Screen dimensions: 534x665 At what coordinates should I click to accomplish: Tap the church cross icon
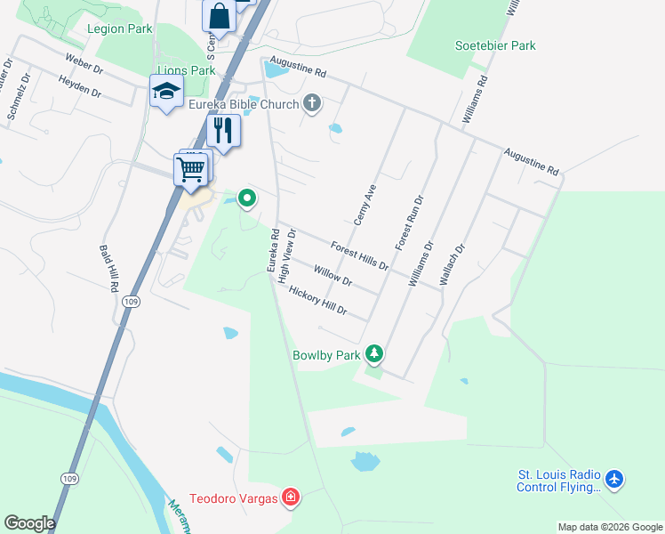(311, 104)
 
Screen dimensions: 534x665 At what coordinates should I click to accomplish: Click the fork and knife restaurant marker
(223, 131)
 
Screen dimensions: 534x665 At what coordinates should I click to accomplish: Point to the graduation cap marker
(166, 91)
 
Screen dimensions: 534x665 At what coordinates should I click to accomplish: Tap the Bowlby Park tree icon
(375, 354)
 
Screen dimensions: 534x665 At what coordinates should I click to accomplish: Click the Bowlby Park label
(327, 355)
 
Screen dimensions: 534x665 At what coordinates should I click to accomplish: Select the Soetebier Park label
(495, 45)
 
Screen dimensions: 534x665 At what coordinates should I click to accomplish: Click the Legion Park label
(120, 28)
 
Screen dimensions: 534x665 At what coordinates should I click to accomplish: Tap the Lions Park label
(186, 70)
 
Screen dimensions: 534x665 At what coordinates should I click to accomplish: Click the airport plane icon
(614, 480)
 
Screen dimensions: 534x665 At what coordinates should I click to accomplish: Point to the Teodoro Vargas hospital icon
(290, 497)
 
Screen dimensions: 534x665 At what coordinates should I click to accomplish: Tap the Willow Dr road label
(333, 275)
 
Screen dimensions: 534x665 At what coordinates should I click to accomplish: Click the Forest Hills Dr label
(360, 255)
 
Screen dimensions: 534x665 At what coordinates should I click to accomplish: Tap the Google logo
(29, 523)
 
